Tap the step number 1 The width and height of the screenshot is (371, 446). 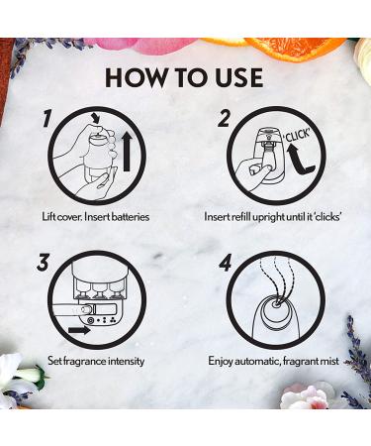click(47, 119)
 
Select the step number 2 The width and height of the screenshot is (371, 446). click(225, 119)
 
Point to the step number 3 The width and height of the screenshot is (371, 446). click(43, 263)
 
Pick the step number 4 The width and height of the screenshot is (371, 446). click(225, 263)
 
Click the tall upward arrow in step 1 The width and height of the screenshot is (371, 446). click(127, 151)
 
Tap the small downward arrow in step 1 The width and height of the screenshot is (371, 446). click(96, 118)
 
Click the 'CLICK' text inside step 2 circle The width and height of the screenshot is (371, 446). click(298, 135)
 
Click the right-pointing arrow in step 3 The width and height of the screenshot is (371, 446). click(79, 330)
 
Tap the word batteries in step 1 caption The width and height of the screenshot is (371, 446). click(131, 217)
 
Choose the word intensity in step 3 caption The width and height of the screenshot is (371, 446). click(127, 361)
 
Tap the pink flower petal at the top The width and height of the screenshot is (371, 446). click(150, 46)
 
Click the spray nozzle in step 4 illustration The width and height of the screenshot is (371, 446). click(277, 302)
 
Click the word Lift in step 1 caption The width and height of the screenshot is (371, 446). click(48, 217)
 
